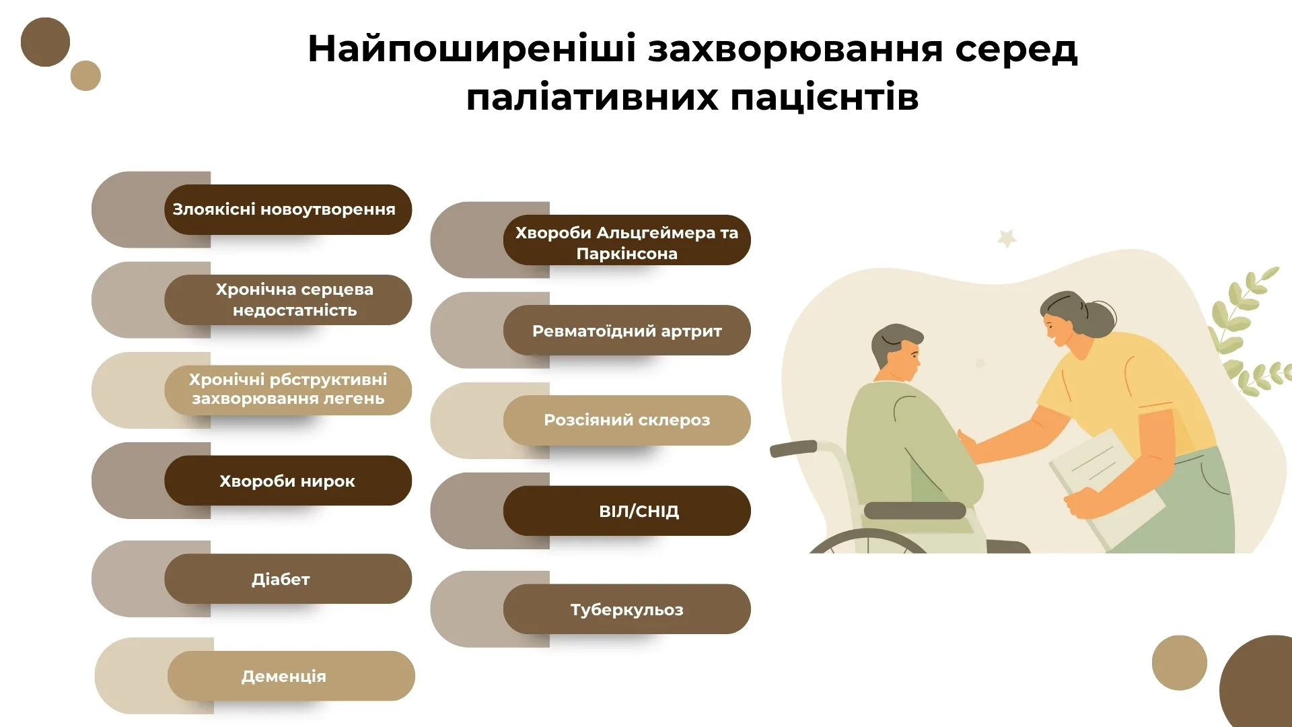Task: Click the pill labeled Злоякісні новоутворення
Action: point(288,209)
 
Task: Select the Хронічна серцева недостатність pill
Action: point(288,300)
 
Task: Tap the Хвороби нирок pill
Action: point(288,481)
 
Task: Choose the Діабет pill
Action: point(288,579)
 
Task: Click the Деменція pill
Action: point(291,676)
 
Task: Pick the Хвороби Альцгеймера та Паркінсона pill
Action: point(627,240)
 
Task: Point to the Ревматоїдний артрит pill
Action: point(627,330)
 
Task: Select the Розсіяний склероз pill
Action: point(627,420)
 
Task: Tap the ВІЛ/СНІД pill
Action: point(627,511)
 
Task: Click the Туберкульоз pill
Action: point(627,609)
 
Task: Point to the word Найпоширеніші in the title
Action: point(472,49)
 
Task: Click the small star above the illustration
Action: point(1007,238)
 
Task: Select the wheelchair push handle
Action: point(793,448)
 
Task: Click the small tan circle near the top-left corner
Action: point(85,75)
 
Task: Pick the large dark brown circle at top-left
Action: point(45,42)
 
